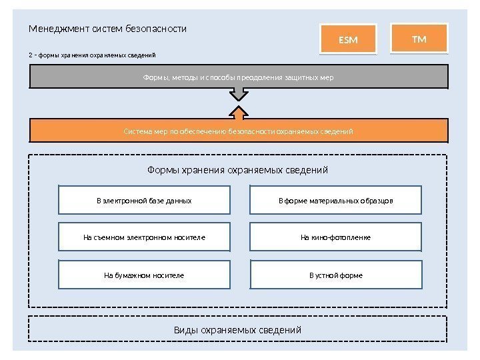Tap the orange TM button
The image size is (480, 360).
419,39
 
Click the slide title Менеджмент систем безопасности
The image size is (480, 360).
107,29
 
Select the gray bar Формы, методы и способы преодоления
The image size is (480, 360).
238,77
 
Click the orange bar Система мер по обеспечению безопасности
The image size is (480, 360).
238,131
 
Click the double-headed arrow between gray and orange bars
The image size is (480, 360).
238,105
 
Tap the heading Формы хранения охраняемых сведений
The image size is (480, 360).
238,170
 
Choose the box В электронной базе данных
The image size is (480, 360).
144,200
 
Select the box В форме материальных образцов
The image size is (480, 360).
336,200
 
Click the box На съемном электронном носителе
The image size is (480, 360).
144,237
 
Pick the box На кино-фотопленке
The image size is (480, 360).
336,237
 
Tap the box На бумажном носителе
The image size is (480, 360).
144,274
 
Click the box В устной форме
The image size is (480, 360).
336,274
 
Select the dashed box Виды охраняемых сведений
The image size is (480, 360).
238,330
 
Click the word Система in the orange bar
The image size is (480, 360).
138,131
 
